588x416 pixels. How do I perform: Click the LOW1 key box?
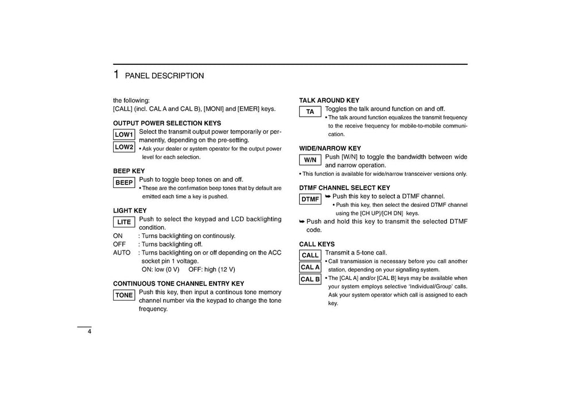click(x=124, y=134)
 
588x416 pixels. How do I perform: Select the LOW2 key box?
click(x=124, y=147)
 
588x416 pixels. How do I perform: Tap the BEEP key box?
click(x=124, y=183)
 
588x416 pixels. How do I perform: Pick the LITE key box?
click(x=124, y=222)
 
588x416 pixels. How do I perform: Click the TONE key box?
click(x=124, y=295)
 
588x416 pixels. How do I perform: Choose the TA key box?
click(x=310, y=111)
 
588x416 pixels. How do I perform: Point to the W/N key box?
click(x=310, y=160)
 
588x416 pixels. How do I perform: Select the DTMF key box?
click(x=310, y=199)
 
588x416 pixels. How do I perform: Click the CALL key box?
click(x=310, y=255)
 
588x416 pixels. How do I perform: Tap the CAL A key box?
click(x=310, y=267)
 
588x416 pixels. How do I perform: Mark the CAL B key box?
click(x=310, y=279)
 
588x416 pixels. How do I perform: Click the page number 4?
click(x=90, y=332)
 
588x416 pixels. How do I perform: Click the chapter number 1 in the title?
click(x=116, y=75)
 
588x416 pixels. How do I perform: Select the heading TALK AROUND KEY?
click(x=329, y=100)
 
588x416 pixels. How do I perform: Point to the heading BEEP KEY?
click(x=129, y=171)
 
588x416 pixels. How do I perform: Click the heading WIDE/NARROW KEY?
click(x=330, y=148)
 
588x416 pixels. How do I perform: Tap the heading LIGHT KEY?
click(x=130, y=210)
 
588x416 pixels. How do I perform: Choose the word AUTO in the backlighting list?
click(x=122, y=252)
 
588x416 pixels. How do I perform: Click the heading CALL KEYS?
click(x=317, y=244)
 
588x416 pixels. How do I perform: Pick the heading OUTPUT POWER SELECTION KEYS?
click(x=167, y=123)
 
